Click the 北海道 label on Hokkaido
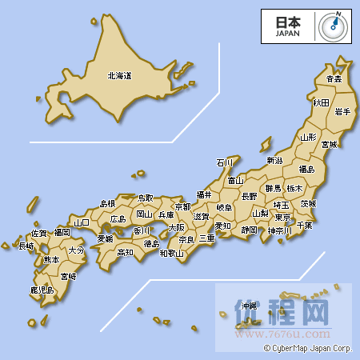pos(119,76)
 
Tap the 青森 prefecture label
pos(334,79)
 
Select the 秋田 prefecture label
pos(321,102)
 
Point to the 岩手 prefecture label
pos(342,111)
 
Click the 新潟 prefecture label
pos(274,161)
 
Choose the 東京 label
pos(282,217)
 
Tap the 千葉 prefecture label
pos(304,225)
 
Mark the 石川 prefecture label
pos(225,162)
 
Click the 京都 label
pos(182,206)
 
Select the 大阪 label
pos(176,227)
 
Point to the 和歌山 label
pos(171,254)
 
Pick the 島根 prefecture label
pos(107,204)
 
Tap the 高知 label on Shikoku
pos(126,252)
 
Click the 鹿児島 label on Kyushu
pos(42,290)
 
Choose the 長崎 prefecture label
pos(26,246)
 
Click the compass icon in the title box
pos(331,25)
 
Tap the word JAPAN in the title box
pos(287,34)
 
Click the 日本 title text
pos(287,22)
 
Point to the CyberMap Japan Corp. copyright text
pos(308,348)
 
